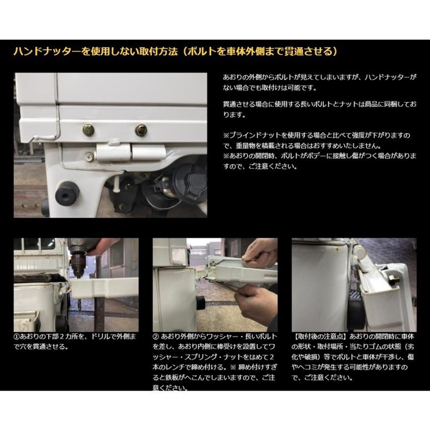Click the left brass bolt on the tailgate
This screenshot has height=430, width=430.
tap(88, 130)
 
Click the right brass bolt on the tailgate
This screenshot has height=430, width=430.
tap(141, 130)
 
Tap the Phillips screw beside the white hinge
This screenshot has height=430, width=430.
tap(89, 157)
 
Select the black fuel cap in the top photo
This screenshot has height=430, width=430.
tap(189, 180)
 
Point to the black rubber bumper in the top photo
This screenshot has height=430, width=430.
tap(67, 192)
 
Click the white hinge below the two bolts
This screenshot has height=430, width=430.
tap(131, 152)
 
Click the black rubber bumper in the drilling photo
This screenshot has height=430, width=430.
tap(61, 323)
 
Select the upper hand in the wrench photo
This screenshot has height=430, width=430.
tap(261, 253)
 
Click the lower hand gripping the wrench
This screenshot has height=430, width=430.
tap(256, 304)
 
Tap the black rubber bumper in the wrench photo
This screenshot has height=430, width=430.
tap(201, 303)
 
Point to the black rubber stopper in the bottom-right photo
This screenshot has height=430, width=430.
tap(355, 315)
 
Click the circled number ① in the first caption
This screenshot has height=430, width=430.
tap(16, 337)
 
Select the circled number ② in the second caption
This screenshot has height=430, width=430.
tap(155, 337)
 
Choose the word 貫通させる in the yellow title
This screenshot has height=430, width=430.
tap(308, 52)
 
